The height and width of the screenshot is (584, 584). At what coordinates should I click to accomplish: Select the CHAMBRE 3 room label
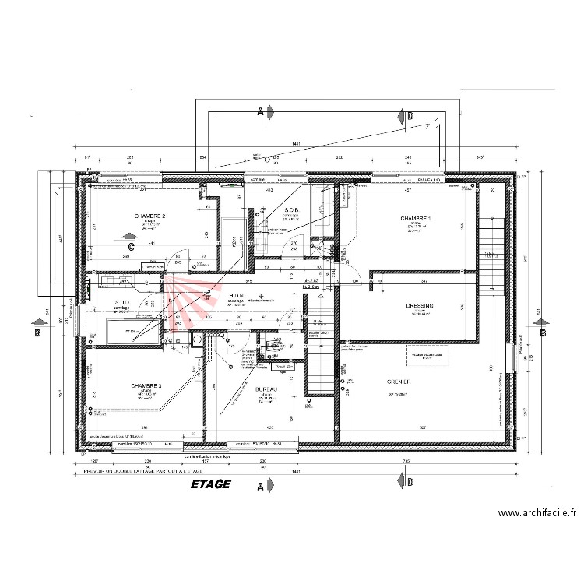tap(146, 386)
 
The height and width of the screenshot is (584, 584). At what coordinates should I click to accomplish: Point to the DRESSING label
tap(420, 307)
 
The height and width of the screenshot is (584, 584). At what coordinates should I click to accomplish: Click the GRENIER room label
tap(398, 382)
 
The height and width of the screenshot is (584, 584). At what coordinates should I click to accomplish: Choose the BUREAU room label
tap(266, 389)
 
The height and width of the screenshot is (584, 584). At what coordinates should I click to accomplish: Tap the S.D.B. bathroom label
tap(293, 210)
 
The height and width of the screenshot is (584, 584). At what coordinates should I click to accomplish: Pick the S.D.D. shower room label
tap(121, 303)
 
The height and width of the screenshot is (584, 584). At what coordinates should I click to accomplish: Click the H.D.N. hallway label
tap(237, 295)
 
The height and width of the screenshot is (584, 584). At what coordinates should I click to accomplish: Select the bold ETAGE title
tap(210, 484)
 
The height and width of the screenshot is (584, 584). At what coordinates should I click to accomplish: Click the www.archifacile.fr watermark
tap(537, 513)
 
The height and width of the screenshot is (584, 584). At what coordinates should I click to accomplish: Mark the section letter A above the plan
tap(260, 113)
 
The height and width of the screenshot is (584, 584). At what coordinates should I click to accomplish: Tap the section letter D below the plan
tap(410, 484)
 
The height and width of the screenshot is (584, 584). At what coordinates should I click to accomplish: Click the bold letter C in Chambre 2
tap(132, 247)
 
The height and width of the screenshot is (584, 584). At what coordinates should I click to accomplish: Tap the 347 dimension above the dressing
tap(424, 280)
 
